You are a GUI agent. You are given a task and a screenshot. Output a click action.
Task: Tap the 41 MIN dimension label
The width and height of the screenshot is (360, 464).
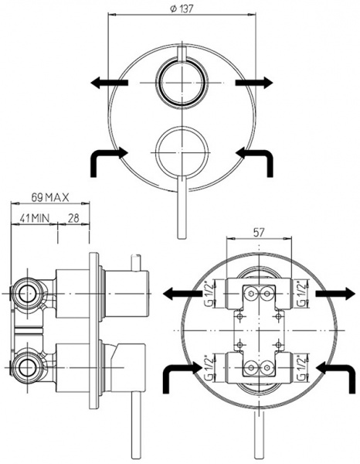click(x=35, y=217)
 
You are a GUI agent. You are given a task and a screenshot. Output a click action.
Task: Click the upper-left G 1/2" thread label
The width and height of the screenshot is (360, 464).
click(x=209, y=295)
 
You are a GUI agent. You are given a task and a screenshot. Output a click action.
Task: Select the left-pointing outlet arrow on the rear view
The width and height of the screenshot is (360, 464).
click(x=182, y=294)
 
